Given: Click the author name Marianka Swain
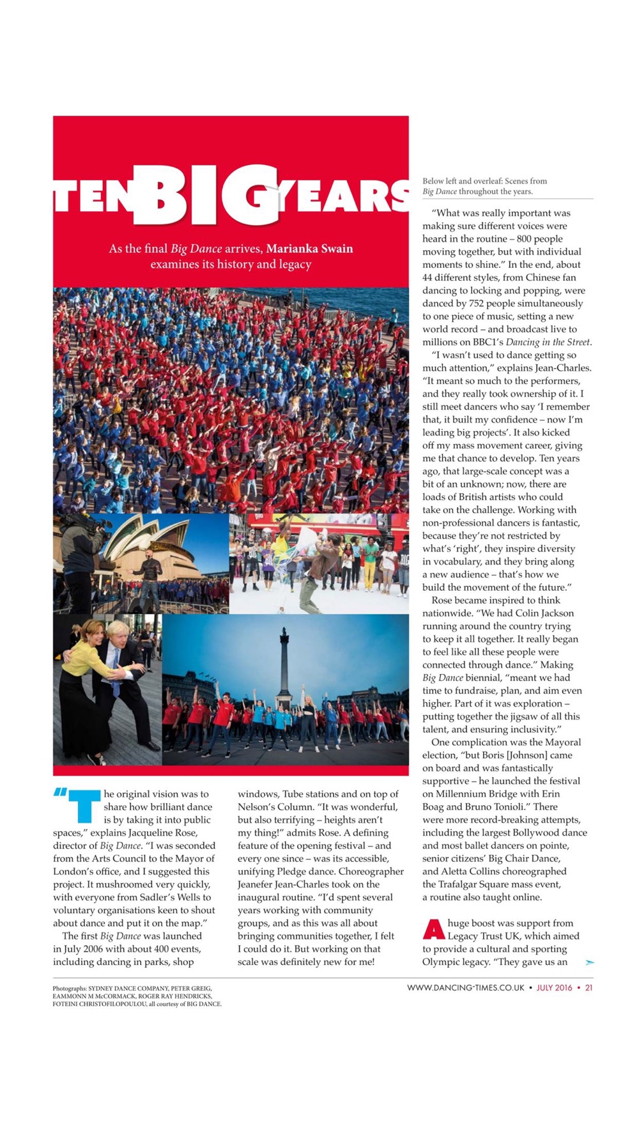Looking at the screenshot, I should click(309, 249).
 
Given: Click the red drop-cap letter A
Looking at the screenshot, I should click(434, 929).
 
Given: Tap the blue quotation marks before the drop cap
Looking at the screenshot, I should click(60, 792).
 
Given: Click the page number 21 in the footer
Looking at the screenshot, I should click(589, 987).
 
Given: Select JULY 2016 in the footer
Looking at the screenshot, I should click(554, 987).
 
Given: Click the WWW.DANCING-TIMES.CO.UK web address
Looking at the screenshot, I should click(466, 987).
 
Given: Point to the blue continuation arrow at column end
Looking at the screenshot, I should click(589, 962).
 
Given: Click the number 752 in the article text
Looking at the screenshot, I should click(476, 303).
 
